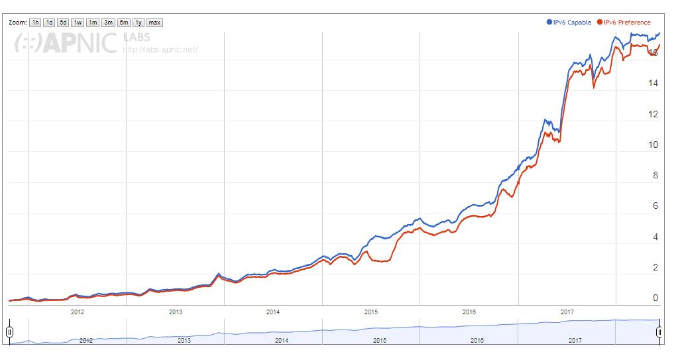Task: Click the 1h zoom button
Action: [36, 23]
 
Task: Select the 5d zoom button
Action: [63, 23]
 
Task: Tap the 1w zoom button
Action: [78, 23]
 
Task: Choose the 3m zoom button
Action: [108, 23]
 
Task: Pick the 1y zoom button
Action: [139, 23]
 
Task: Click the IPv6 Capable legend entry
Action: [569, 23]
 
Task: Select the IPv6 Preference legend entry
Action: [624, 23]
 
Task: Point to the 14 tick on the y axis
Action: [654, 84]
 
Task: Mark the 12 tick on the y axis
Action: [654, 114]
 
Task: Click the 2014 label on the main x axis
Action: [273, 311]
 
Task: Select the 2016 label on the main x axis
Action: [469, 311]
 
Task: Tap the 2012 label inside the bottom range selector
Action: [85, 340]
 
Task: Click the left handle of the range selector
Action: [9, 331]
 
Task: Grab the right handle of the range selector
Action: [659, 331]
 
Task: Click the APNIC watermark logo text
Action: [66, 42]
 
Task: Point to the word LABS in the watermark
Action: [137, 36]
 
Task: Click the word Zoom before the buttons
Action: [18, 23]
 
